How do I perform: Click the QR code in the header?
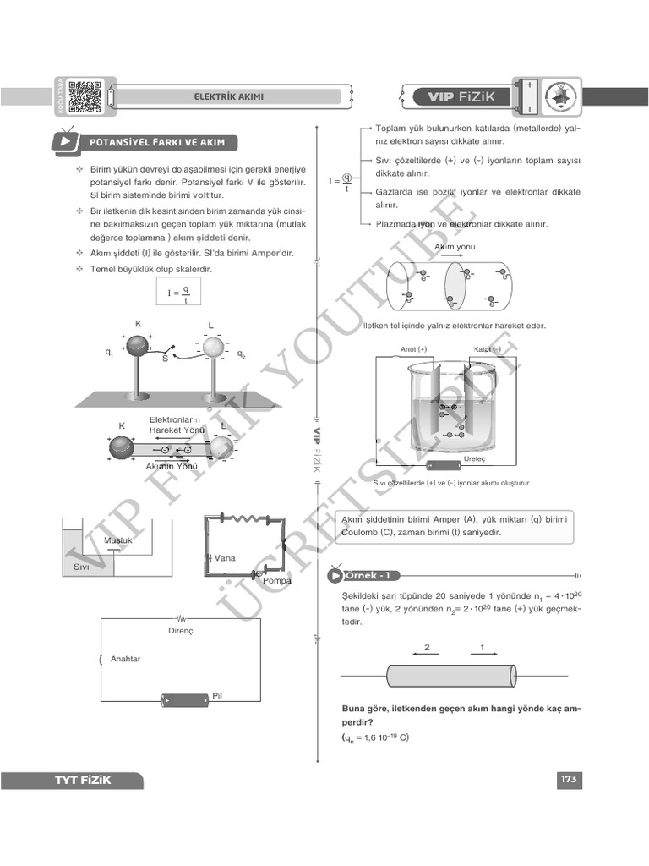(85, 96)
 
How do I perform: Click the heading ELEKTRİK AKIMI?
(228, 96)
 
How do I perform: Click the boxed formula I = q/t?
(179, 293)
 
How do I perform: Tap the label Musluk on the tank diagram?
(118, 540)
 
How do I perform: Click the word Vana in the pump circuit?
(224, 558)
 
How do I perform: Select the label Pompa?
(276, 581)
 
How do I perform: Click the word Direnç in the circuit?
(181, 631)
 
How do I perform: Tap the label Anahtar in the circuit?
(125, 659)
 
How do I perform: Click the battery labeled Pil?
(185, 699)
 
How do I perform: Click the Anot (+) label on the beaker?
(414, 349)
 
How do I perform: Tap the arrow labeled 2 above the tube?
(427, 649)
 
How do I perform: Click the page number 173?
(567, 779)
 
